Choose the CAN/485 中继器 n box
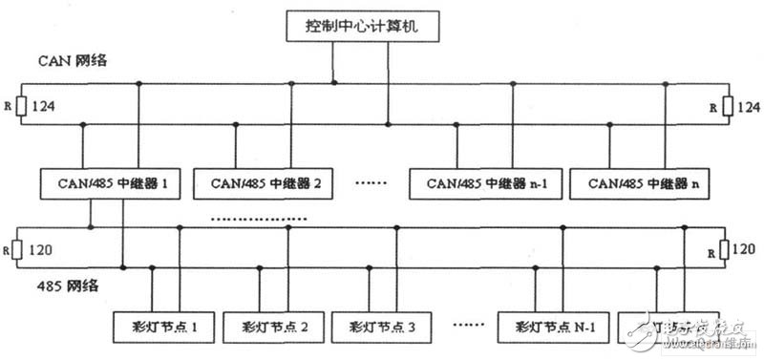coord(630,181)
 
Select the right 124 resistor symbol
coord(727,107)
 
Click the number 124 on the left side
coord(45,107)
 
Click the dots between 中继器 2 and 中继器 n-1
coord(370,181)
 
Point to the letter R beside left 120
coord(9,253)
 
